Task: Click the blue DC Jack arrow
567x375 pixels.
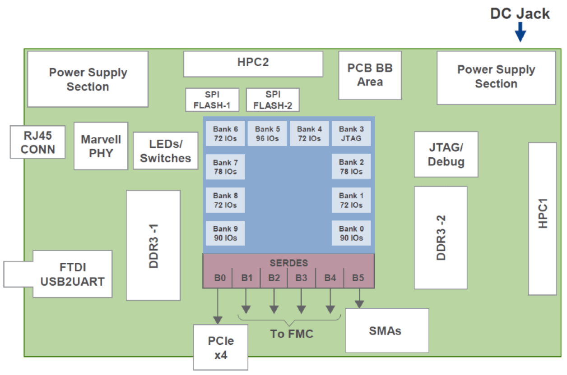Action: [x=520, y=32]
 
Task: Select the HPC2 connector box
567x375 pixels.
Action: [x=253, y=64]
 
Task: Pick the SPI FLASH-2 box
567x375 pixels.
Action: [x=273, y=100]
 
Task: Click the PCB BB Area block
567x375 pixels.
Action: [x=370, y=75]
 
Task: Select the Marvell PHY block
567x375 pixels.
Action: [x=101, y=146]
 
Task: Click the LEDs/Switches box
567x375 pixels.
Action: [x=165, y=151]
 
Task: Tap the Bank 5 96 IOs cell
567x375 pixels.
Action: [x=267, y=133]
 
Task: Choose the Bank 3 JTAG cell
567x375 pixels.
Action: [x=351, y=133]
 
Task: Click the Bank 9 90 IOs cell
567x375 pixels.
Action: [x=225, y=233]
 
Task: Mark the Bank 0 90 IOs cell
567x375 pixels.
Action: [x=351, y=233]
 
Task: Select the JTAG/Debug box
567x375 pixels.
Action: [x=446, y=155]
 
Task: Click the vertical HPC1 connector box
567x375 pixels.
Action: [x=542, y=219]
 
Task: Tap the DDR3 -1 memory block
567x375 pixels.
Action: [x=153, y=245]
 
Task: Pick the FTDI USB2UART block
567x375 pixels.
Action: [x=72, y=274]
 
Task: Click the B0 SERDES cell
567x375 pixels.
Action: [x=219, y=278]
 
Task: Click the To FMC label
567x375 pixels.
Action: [x=291, y=334]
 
